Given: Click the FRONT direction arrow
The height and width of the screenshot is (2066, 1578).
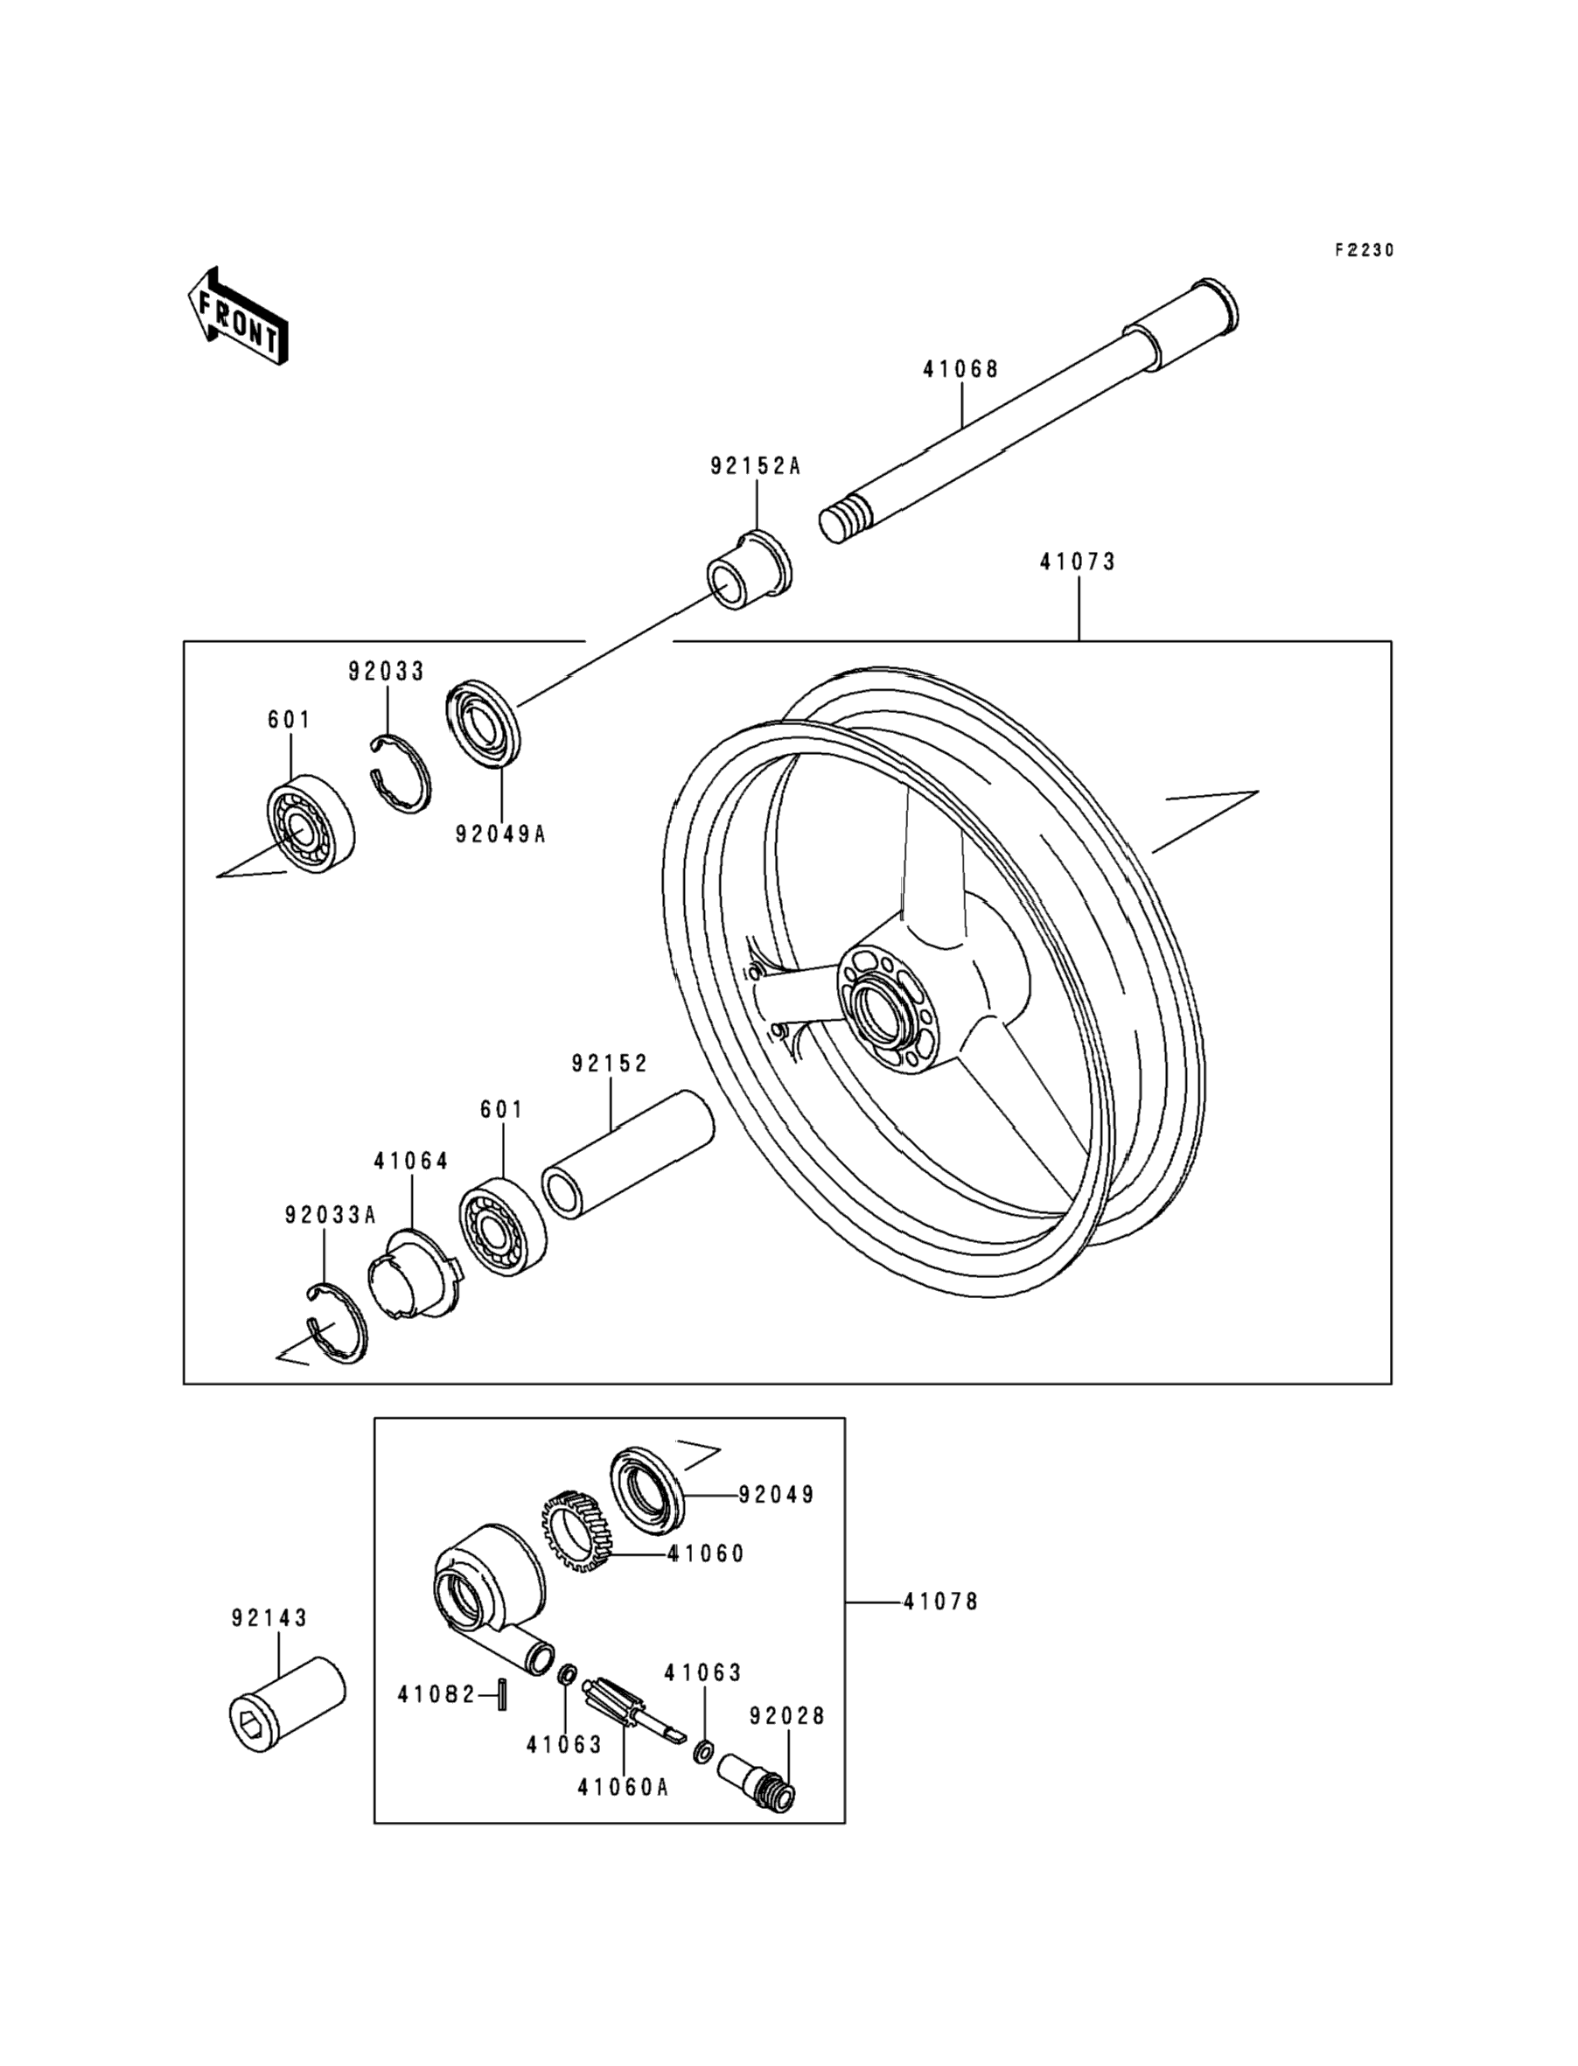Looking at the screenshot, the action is point(237,316).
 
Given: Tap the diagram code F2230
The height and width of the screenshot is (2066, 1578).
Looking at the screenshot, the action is point(1365,251).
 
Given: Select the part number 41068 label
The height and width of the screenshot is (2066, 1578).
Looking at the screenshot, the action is point(960,369).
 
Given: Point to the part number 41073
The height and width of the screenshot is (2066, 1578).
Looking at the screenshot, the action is point(1078,562).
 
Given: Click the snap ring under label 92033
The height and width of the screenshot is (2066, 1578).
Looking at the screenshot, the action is point(398,772).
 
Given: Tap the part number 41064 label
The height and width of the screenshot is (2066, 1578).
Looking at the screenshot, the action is point(411,1162).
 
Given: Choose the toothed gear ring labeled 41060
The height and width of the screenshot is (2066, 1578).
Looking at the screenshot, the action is point(576,1532).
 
